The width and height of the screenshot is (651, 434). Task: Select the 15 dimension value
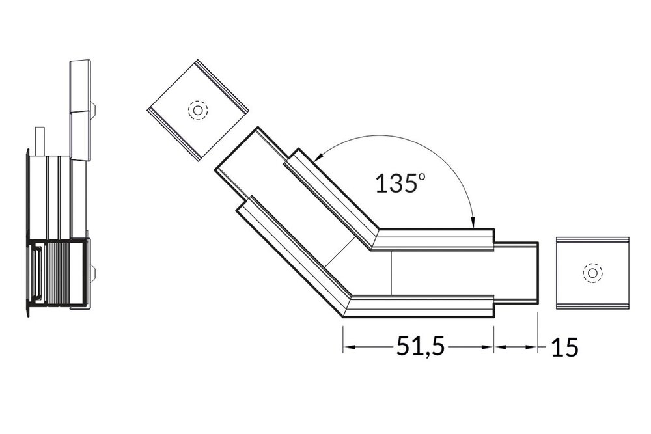click(564, 347)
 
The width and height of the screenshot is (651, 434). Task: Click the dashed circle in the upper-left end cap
click(196, 110)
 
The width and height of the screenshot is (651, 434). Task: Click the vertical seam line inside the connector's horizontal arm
click(391, 273)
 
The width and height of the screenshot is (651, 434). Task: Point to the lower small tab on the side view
click(95, 273)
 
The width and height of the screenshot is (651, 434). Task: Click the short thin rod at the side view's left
click(40, 141)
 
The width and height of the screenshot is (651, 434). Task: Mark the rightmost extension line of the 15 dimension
click(538, 332)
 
